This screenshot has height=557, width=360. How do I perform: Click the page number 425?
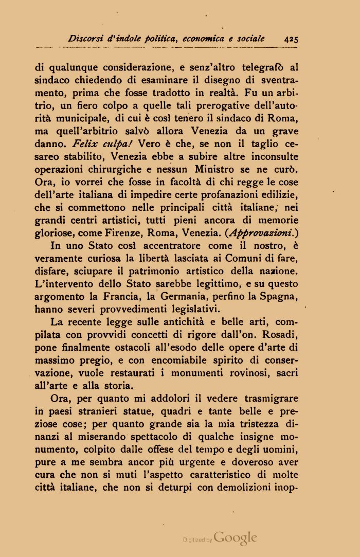291,39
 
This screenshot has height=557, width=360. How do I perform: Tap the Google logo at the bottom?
235,538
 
